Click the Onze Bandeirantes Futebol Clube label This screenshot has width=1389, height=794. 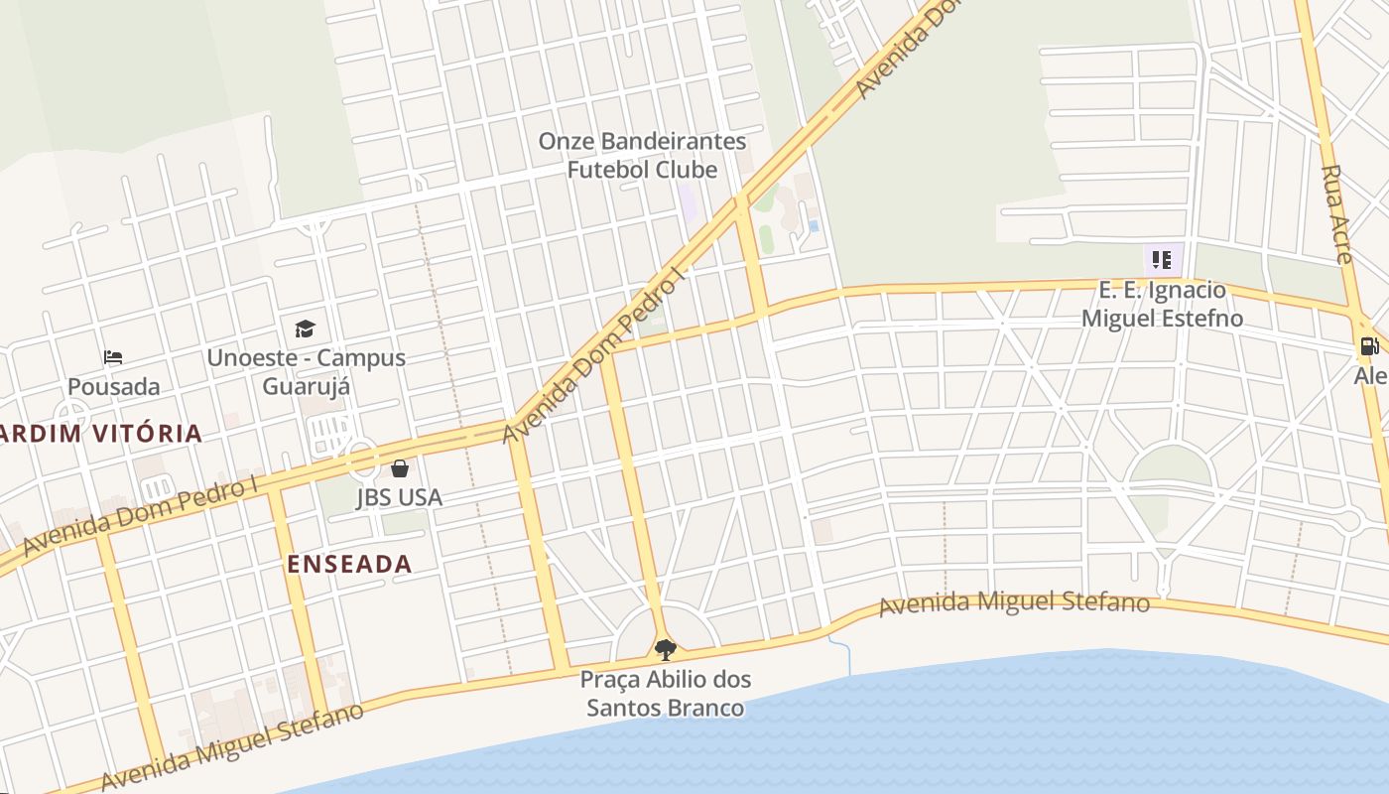642,156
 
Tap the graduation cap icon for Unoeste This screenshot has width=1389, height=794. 305,329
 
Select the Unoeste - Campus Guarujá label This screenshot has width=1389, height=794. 306,371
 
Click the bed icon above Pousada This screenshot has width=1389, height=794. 113,357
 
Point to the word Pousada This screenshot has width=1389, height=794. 113,386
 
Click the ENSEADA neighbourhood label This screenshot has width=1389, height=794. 349,565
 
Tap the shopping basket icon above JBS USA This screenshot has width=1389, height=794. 400,467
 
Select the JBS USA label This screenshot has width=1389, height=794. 399,497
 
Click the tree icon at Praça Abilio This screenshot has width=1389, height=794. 665,650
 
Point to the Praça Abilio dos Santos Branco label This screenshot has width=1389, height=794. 665,694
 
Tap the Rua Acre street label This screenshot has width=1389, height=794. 1336,213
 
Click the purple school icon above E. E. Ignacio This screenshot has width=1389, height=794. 1162,260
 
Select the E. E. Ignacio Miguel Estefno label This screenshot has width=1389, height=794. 1162,305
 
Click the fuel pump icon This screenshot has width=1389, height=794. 1369,346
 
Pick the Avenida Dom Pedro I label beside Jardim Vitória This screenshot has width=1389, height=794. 139,515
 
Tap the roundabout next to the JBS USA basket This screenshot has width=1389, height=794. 360,460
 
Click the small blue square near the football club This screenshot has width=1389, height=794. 814,226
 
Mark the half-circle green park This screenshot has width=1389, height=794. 1171,467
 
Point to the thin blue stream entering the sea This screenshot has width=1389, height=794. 842,654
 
